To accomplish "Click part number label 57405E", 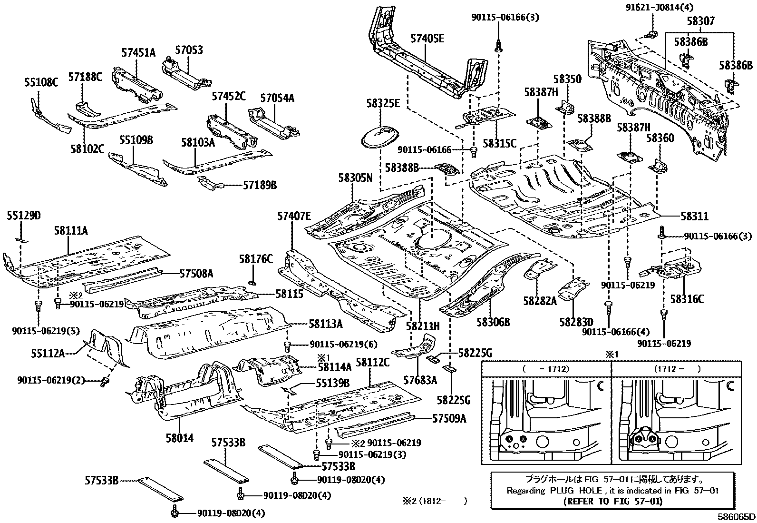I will [x=427, y=39].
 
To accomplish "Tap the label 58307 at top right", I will [x=700, y=21].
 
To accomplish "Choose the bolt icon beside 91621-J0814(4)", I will [x=652, y=34].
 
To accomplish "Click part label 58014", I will [x=179, y=438].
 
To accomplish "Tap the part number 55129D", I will [x=24, y=216].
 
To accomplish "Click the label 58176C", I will [x=256, y=259].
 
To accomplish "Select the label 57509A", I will [x=449, y=419].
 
